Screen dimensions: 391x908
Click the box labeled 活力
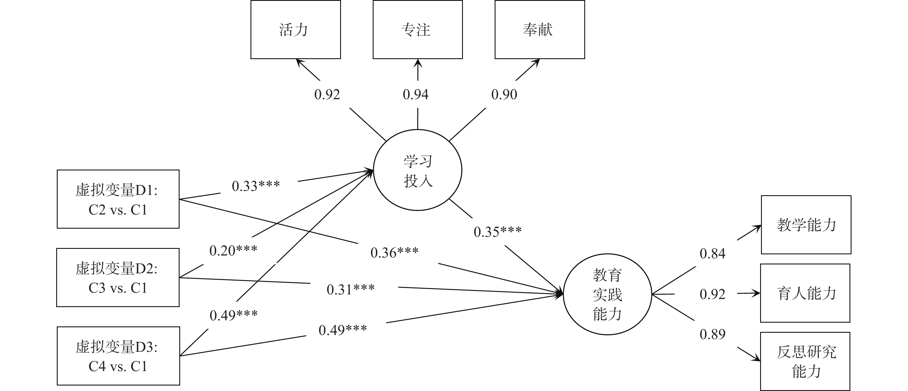[295, 30]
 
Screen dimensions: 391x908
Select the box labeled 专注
[417, 30]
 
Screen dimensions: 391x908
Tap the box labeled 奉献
[540, 30]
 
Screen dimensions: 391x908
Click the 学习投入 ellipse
[417, 170]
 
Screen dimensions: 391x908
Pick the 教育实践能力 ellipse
[607, 294]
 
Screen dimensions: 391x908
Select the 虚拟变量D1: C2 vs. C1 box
[118, 199]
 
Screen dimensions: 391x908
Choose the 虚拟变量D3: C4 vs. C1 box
[118, 356]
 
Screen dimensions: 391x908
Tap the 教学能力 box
[806, 225]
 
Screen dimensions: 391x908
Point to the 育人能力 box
[805, 293]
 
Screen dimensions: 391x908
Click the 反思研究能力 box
[805, 361]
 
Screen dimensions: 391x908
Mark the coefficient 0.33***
[256, 186]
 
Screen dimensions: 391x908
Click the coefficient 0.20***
[233, 250]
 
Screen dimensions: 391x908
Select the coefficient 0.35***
[497, 232]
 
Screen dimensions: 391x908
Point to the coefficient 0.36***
[394, 252]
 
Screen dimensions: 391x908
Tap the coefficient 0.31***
[350, 290]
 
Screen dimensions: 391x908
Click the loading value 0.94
[416, 95]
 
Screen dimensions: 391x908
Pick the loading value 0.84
[712, 253]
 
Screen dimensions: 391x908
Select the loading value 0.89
[712, 334]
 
